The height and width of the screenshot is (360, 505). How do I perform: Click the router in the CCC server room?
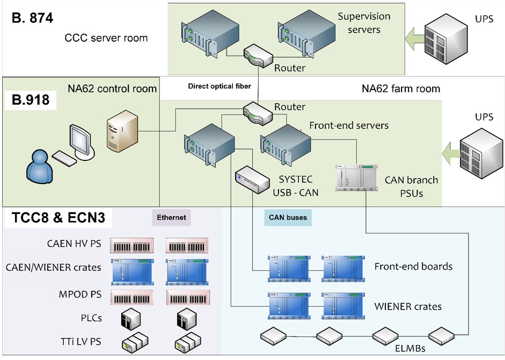tap(257, 54)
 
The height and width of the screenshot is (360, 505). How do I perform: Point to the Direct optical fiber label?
tap(219, 86)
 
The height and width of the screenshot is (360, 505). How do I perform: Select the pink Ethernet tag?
tap(172, 218)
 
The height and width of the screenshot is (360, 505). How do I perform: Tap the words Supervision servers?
tap(363, 23)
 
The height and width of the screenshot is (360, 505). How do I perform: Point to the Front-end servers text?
tap(348, 126)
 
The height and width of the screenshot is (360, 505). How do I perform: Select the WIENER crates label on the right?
tap(408, 306)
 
